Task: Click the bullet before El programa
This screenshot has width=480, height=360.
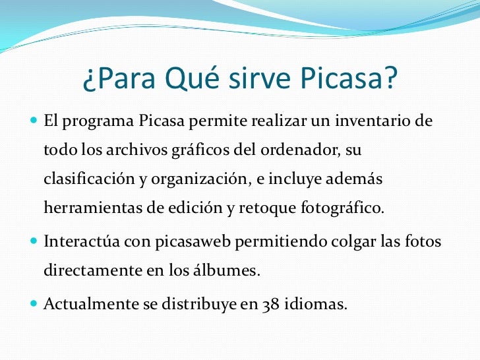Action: [34, 122]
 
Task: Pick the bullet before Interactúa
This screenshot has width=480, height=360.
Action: [34, 241]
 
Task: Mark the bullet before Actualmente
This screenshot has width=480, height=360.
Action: [34, 306]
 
